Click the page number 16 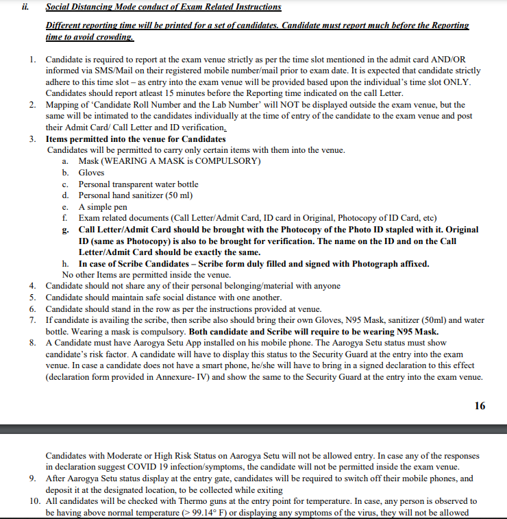480,406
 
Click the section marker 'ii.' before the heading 29,8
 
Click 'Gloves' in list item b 91,173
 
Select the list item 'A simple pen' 103,206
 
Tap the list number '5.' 33,298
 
